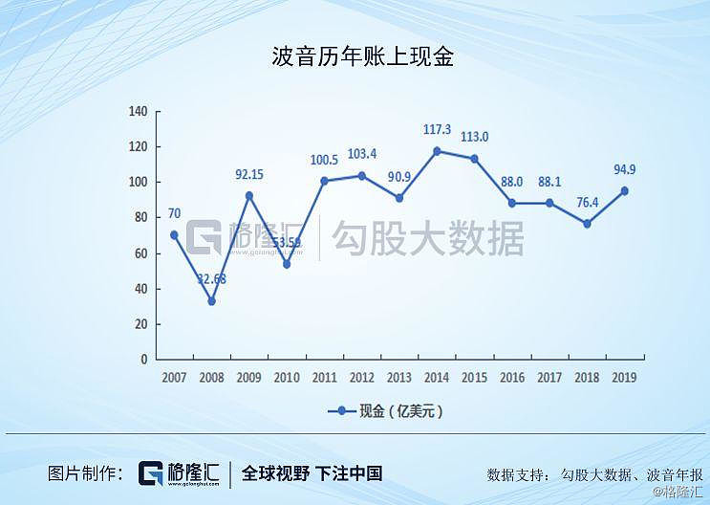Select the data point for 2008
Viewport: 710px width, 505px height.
(211, 300)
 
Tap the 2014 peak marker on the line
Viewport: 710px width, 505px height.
(436, 151)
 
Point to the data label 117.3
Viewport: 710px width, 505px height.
(436, 129)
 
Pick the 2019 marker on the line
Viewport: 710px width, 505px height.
(625, 190)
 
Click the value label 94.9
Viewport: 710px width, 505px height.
(623, 169)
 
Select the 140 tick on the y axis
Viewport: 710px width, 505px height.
(138, 112)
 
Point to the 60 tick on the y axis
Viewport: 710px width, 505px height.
(140, 253)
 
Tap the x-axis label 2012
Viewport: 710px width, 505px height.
(361, 378)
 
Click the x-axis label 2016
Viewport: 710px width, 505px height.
(512, 378)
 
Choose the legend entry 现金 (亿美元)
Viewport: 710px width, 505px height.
(386, 411)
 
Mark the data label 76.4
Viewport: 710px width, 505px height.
(587, 202)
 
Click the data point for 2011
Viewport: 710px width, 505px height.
(324, 180)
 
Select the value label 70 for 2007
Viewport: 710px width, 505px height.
(174, 214)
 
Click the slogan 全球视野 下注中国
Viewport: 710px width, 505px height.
(312, 472)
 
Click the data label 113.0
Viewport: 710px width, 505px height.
(474, 137)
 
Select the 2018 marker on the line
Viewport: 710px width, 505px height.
(588, 223)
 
